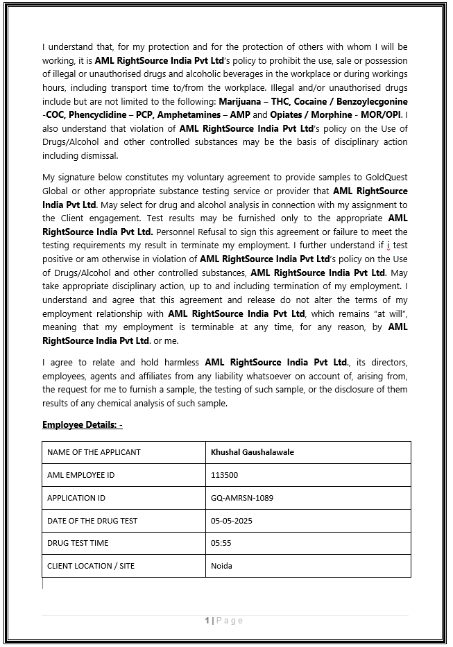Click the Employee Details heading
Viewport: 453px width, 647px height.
(x=82, y=424)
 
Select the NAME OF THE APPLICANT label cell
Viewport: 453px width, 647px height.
(x=94, y=452)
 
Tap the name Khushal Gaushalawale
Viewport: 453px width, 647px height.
(x=253, y=452)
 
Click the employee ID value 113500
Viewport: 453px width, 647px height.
(x=224, y=475)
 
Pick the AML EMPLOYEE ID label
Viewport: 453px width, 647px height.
(x=80, y=475)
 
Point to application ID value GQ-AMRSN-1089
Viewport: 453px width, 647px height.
(x=242, y=498)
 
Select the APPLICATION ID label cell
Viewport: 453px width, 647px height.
(x=76, y=498)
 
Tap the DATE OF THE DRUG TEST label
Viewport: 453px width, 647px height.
(x=92, y=520)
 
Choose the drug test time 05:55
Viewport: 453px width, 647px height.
(x=221, y=543)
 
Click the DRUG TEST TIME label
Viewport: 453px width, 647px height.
(x=78, y=543)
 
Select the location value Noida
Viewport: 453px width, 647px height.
(x=221, y=566)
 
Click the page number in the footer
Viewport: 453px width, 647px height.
(x=207, y=620)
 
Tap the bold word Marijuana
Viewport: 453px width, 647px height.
(x=242, y=101)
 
